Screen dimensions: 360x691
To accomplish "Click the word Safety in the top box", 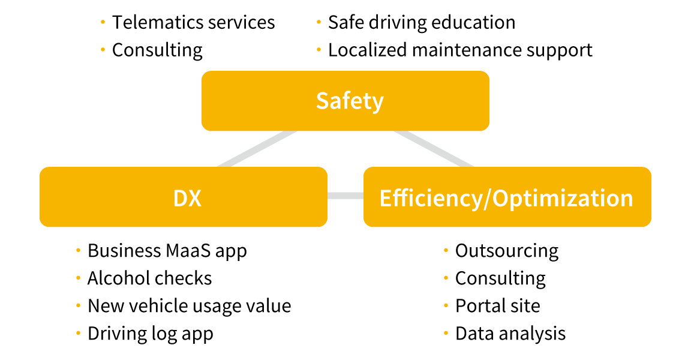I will [350, 101].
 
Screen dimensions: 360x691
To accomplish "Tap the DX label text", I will [187, 197].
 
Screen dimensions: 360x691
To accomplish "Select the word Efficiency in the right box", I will [430, 197].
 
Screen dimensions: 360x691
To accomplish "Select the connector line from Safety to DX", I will [257, 149].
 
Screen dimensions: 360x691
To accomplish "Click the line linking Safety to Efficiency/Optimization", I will [434, 149].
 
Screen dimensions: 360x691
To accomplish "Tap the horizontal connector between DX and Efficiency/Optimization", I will [345, 196].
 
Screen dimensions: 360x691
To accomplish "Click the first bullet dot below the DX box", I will [78, 250].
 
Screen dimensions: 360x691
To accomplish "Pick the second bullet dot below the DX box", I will [78, 277].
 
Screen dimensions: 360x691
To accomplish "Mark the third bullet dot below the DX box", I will [78, 305].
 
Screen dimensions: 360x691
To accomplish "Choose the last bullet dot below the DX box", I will [78, 332].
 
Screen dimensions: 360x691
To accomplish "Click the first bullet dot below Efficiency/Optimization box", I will [446, 250].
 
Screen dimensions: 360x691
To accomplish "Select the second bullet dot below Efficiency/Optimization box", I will [446, 277].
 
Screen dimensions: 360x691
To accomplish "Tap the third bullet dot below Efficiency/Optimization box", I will [446, 305].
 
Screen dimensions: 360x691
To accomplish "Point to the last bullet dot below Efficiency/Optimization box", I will [446, 332].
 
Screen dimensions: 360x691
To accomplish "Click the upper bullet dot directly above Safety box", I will [319, 22].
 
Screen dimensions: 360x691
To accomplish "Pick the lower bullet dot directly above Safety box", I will [319, 49].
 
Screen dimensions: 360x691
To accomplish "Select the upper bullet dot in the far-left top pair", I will [103, 22].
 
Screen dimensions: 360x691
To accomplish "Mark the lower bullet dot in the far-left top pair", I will [103, 49].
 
